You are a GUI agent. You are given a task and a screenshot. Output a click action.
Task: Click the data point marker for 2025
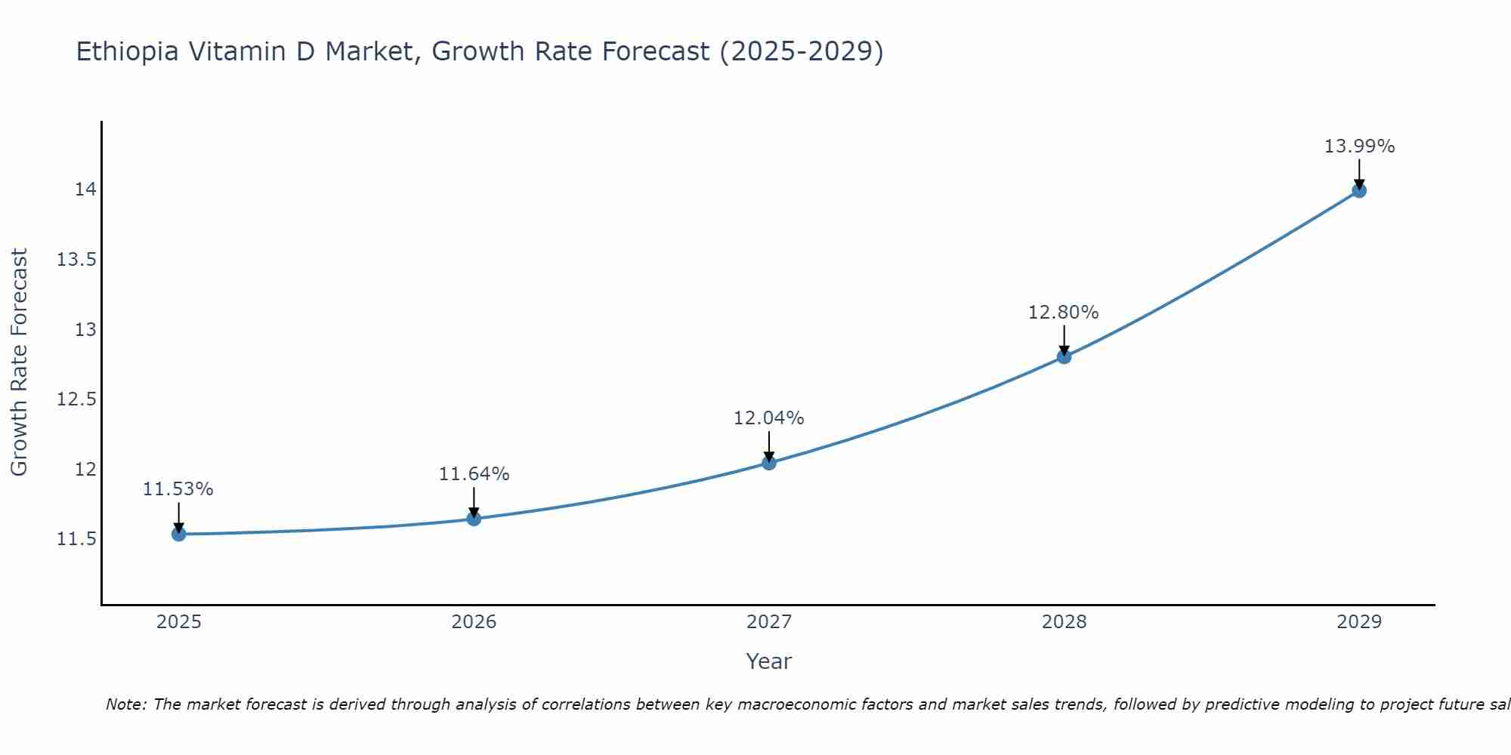tap(178, 534)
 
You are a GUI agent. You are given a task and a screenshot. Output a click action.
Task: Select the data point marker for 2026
tap(474, 519)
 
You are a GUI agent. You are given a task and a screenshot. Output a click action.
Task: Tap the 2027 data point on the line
tap(769, 463)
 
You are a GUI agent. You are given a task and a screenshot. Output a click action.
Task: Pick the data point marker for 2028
tap(1064, 356)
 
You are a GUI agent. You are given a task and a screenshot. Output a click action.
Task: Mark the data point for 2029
tap(1359, 190)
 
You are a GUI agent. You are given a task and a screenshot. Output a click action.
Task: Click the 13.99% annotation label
tap(1359, 146)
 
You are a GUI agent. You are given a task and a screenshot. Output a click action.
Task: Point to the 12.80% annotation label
tap(1063, 313)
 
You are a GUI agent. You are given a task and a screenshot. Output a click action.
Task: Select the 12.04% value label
tap(768, 418)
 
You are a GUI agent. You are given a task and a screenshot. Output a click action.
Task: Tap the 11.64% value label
tap(474, 474)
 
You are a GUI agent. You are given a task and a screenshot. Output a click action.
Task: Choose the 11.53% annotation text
tap(178, 489)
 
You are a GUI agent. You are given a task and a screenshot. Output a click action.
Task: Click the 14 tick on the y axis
tap(85, 190)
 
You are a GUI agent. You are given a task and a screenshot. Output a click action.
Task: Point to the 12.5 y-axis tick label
tap(77, 399)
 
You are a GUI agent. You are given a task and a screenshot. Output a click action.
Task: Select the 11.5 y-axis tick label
tap(77, 539)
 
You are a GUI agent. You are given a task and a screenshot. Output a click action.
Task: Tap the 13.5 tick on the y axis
tap(77, 260)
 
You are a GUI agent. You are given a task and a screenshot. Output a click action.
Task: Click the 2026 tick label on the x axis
tap(474, 622)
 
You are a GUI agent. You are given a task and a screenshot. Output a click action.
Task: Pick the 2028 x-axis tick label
tap(1064, 622)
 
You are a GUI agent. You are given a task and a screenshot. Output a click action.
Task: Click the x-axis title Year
tap(768, 661)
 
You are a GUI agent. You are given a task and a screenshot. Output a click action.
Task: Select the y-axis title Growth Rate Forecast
tap(19, 362)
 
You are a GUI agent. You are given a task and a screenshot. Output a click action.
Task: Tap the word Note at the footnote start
tap(125, 704)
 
